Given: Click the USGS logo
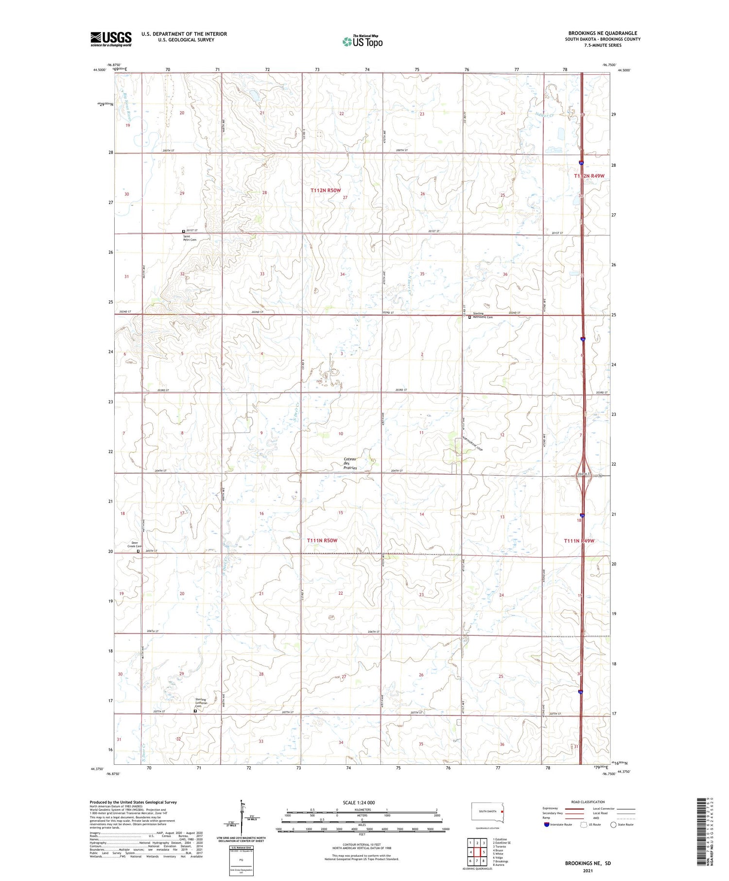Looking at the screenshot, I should [x=111, y=39].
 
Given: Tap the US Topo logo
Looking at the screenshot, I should [x=362, y=41].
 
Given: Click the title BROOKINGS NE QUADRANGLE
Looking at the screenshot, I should [x=603, y=33].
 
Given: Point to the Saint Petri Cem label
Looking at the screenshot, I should [x=190, y=238].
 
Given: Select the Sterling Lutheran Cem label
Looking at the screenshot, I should [x=201, y=703].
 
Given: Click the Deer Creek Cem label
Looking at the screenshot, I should [x=135, y=544].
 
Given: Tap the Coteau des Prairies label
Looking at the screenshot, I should [x=350, y=463].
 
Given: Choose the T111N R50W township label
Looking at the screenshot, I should [x=322, y=540].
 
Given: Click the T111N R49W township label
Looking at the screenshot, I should [x=579, y=541].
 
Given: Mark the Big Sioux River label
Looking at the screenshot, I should [x=128, y=107].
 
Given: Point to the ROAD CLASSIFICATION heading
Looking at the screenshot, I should [x=588, y=802].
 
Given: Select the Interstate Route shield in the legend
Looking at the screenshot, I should [x=547, y=825].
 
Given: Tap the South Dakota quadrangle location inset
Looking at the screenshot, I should [x=488, y=812].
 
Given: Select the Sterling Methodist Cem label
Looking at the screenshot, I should [x=483, y=316].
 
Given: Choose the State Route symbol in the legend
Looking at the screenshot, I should [x=613, y=825].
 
